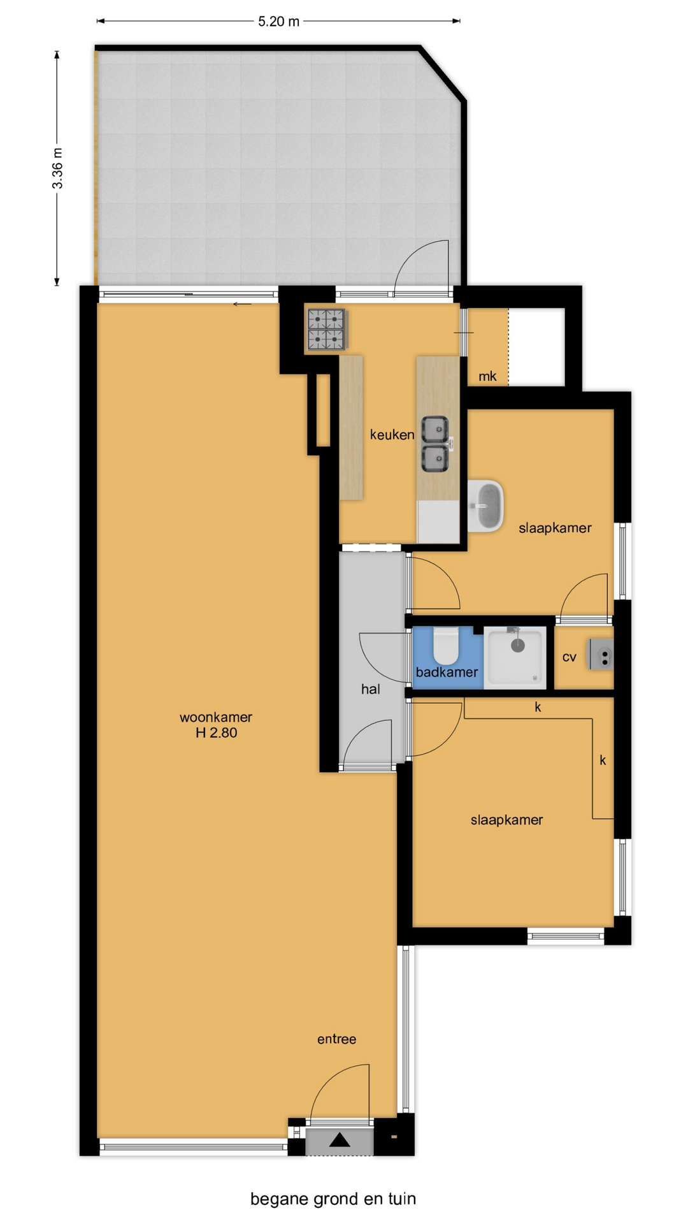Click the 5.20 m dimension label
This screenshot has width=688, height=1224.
(278, 22)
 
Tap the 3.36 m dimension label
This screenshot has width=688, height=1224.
(57, 168)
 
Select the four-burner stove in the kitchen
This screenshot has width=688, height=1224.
(327, 330)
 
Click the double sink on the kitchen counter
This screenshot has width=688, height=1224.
(436, 444)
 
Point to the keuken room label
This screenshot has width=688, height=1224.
(392, 435)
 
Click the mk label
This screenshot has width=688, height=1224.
(487, 376)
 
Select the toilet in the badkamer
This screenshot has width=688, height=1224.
(447, 646)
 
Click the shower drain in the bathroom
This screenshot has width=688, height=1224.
(518, 646)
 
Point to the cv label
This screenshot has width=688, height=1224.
(569, 657)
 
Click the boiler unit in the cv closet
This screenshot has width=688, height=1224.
(600, 655)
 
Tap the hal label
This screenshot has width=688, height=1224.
(371, 689)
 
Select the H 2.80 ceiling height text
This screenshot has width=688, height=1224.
(216, 733)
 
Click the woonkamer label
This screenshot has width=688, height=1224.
(216, 717)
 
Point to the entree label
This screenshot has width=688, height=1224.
(336, 1039)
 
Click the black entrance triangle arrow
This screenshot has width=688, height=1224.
(340, 1139)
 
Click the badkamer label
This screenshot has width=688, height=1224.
(447, 672)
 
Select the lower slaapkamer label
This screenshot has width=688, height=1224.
(507, 820)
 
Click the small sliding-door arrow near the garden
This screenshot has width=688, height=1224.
(242, 304)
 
